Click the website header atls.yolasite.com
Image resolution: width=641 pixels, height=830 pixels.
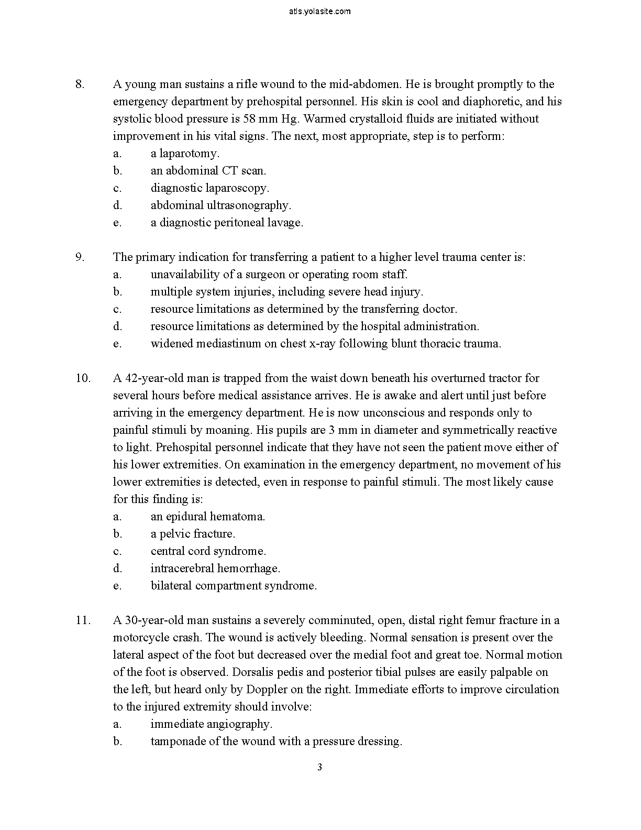[319, 11]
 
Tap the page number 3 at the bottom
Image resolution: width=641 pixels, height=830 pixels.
[319, 768]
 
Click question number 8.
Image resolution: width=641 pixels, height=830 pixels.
[80, 84]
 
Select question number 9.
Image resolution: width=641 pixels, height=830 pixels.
[80, 257]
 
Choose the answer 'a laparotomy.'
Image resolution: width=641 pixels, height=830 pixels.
[185, 154]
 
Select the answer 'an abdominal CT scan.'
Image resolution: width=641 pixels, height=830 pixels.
[208, 171]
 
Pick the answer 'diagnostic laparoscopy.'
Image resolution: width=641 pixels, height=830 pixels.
[209, 188]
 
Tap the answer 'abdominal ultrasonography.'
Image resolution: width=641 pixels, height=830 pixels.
[220, 205]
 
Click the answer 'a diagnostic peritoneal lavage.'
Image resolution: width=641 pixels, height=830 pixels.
[227, 223]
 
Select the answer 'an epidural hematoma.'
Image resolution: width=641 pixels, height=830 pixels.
[207, 517]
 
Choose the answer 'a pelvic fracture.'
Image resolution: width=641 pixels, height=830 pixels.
[193, 534]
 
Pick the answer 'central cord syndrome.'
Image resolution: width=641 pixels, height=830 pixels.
[208, 551]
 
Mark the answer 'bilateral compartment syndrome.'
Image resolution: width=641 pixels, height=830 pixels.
[234, 586]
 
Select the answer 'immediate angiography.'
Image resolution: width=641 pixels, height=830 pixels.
[211, 724]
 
